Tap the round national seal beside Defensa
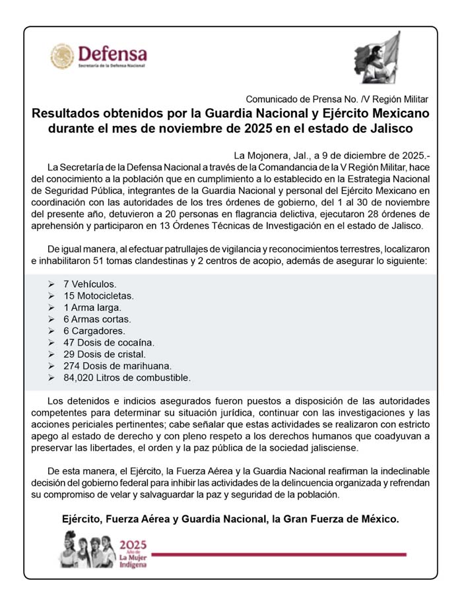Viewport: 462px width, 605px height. pos(62,56)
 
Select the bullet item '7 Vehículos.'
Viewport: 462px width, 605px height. pos(90,284)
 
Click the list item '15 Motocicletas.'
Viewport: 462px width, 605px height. pos(98,296)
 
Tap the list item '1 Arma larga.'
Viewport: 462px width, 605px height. pos(92,307)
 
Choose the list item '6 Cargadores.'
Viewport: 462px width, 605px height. pos(94,331)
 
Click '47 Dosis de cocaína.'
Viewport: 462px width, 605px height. pos(108,343)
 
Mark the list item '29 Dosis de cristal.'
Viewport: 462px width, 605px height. pos(104,354)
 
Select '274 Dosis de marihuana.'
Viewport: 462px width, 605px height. pos(117,366)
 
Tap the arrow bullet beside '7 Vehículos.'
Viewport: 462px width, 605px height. pos(51,284)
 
